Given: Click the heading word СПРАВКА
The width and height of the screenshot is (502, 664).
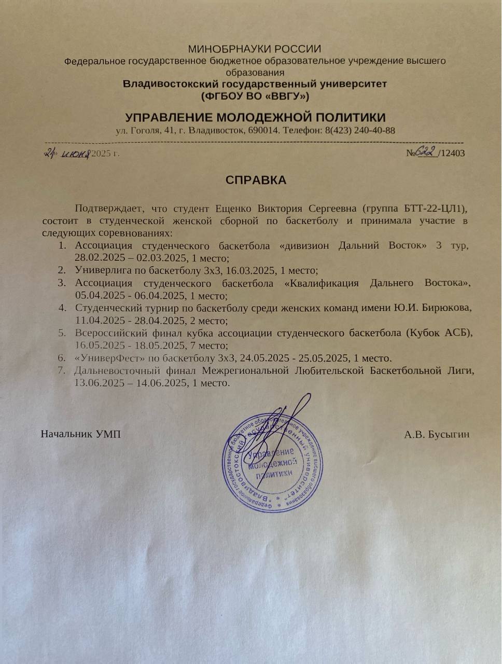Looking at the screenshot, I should [256, 181].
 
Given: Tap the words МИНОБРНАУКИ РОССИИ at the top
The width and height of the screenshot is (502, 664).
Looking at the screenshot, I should [254, 49].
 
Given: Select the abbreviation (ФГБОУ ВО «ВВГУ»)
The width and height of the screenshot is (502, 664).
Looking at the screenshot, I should [255, 95].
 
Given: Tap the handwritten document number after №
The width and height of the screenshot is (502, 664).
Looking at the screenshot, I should [426, 152].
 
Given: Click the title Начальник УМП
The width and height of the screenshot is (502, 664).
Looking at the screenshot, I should [81, 434].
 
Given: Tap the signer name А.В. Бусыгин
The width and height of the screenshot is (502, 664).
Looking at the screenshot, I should [437, 434].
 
